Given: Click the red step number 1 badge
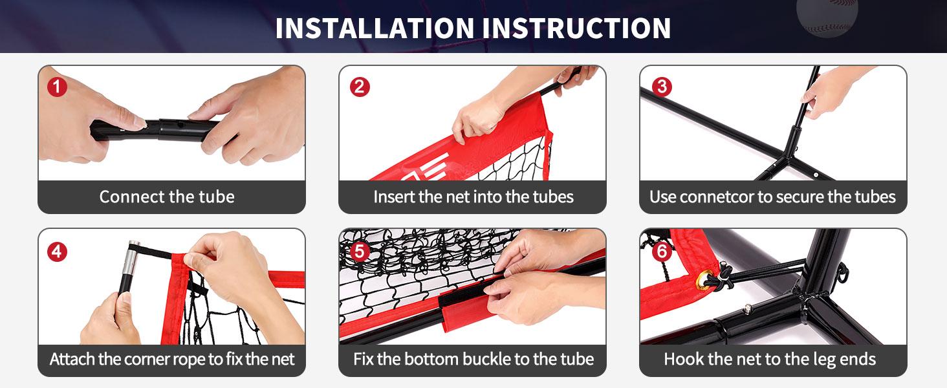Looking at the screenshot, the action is point(57,87).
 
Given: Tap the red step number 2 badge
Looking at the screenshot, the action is point(360,87).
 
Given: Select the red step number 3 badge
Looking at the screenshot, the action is point(662,87).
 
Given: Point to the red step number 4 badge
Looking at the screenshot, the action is point(57,252).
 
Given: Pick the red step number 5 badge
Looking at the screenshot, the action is point(360,252).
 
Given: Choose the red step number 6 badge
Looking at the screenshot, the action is point(662,252).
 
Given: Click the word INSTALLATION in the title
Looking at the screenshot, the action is point(375,28).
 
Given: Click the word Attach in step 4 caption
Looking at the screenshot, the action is point(72,360).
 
